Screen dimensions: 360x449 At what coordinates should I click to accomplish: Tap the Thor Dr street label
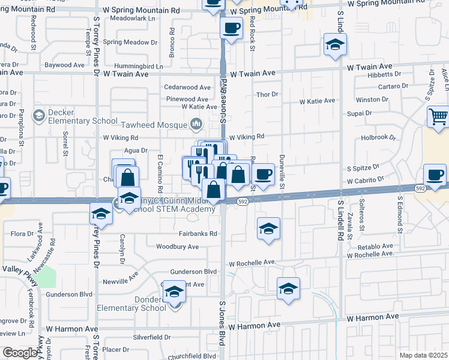pyautogui.click(x=267, y=94)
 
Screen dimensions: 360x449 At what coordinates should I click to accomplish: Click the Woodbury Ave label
pyautogui.click(x=177, y=247)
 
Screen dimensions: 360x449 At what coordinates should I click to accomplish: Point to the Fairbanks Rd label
pyautogui.click(x=196, y=233)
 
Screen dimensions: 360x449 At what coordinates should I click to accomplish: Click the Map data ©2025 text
pyautogui.click(x=423, y=355)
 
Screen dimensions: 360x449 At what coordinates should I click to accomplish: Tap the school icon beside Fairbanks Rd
pyautogui.click(x=268, y=229)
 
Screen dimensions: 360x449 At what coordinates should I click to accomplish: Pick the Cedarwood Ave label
pyautogui.click(x=187, y=87)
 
